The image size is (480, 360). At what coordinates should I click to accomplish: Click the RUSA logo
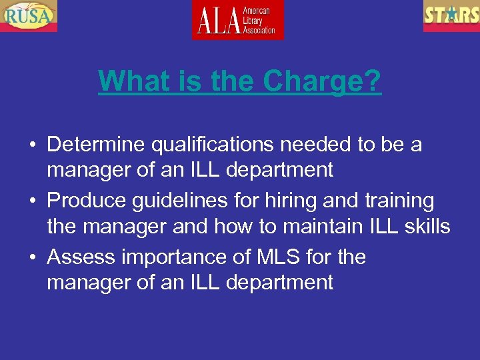click(29, 15)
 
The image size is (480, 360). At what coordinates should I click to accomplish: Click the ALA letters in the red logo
click(217, 21)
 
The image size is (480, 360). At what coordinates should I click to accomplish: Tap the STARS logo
click(451, 15)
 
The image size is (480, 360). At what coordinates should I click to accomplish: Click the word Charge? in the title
click(322, 82)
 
